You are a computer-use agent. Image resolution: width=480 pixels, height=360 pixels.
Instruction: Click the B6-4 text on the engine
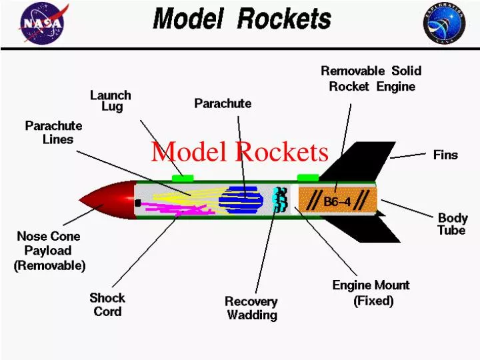[x=337, y=201]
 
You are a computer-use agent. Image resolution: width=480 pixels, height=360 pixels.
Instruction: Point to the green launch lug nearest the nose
[x=182, y=177]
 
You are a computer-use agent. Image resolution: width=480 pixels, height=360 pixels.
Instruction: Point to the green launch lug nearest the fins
[x=307, y=177]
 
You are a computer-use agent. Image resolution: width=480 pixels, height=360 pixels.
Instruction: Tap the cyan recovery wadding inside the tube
[x=281, y=199]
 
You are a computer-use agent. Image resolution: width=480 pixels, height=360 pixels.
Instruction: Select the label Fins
[x=445, y=155]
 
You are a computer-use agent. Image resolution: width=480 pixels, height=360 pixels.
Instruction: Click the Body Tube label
[x=452, y=224]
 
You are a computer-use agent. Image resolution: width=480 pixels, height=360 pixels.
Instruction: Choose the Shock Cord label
[x=107, y=305]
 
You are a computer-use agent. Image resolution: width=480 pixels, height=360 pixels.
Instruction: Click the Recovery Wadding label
[x=251, y=308]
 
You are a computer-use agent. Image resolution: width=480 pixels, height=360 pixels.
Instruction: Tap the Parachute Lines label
[x=54, y=133]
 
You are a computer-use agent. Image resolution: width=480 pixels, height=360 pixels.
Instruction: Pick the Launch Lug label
[x=111, y=101]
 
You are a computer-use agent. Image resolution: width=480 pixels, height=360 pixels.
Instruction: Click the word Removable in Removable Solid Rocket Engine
[x=353, y=71]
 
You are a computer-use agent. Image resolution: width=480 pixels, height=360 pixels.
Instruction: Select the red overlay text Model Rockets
[x=239, y=152]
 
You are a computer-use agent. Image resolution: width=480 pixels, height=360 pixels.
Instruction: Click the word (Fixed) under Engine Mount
[x=373, y=301]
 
